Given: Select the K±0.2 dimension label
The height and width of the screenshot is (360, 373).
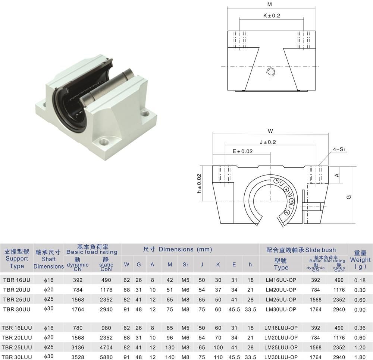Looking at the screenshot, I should [x=272, y=16].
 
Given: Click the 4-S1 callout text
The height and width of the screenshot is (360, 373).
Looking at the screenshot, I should [x=340, y=149].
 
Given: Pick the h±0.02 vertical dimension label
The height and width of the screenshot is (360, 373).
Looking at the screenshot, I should [x=199, y=183].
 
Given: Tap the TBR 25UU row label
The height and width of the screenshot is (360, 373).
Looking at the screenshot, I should [x=16, y=299].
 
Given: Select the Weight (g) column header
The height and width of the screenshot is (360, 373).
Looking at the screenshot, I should [x=360, y=260].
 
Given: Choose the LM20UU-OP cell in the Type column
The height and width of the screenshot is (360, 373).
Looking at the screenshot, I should [x=281, y=290].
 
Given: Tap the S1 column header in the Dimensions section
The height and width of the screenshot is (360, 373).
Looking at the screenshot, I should [x=185, y=265].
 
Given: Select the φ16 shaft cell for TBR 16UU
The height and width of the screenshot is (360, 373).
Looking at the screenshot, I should [x=48, y=280].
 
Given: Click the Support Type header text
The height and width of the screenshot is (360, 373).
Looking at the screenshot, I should [x=16, y=259].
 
